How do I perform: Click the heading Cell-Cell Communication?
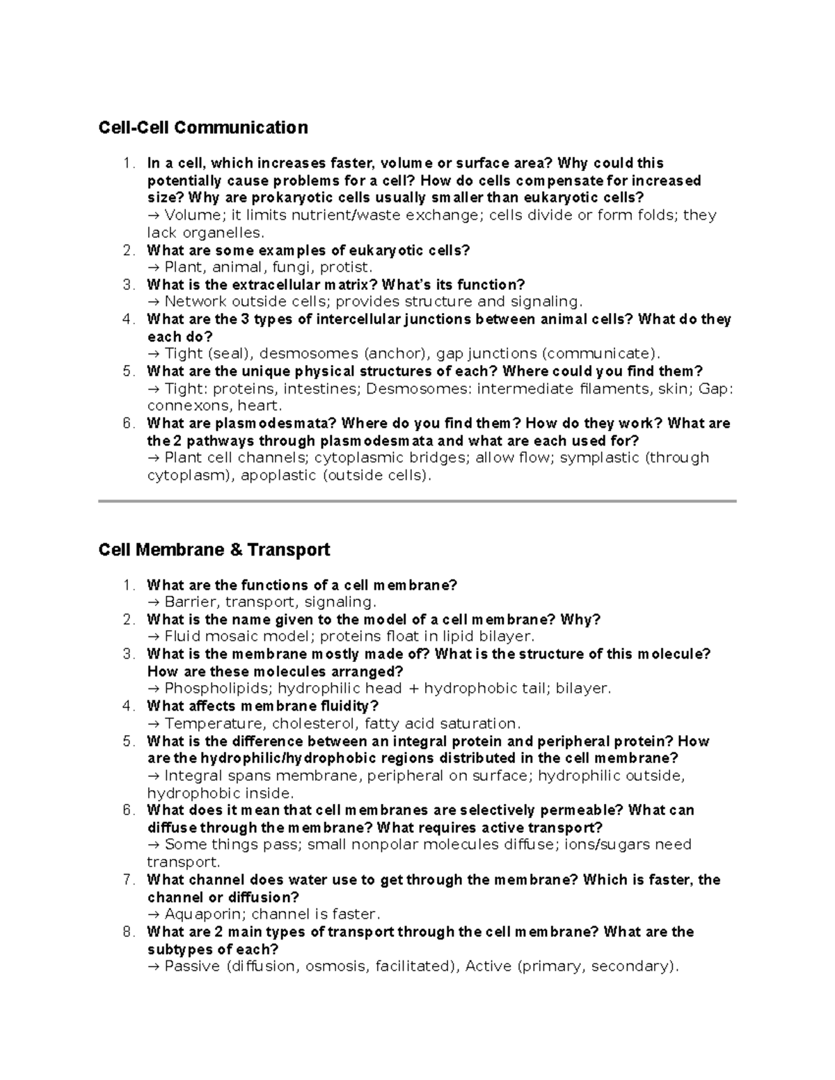pyautogui.click(x=202, y=128)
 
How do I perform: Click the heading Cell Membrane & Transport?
pyautogui.click(x=214, y=550)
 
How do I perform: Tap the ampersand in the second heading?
pyautogui.click(x=235, y=550)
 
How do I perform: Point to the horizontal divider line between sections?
pyautogui.click(x=417, y=501)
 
